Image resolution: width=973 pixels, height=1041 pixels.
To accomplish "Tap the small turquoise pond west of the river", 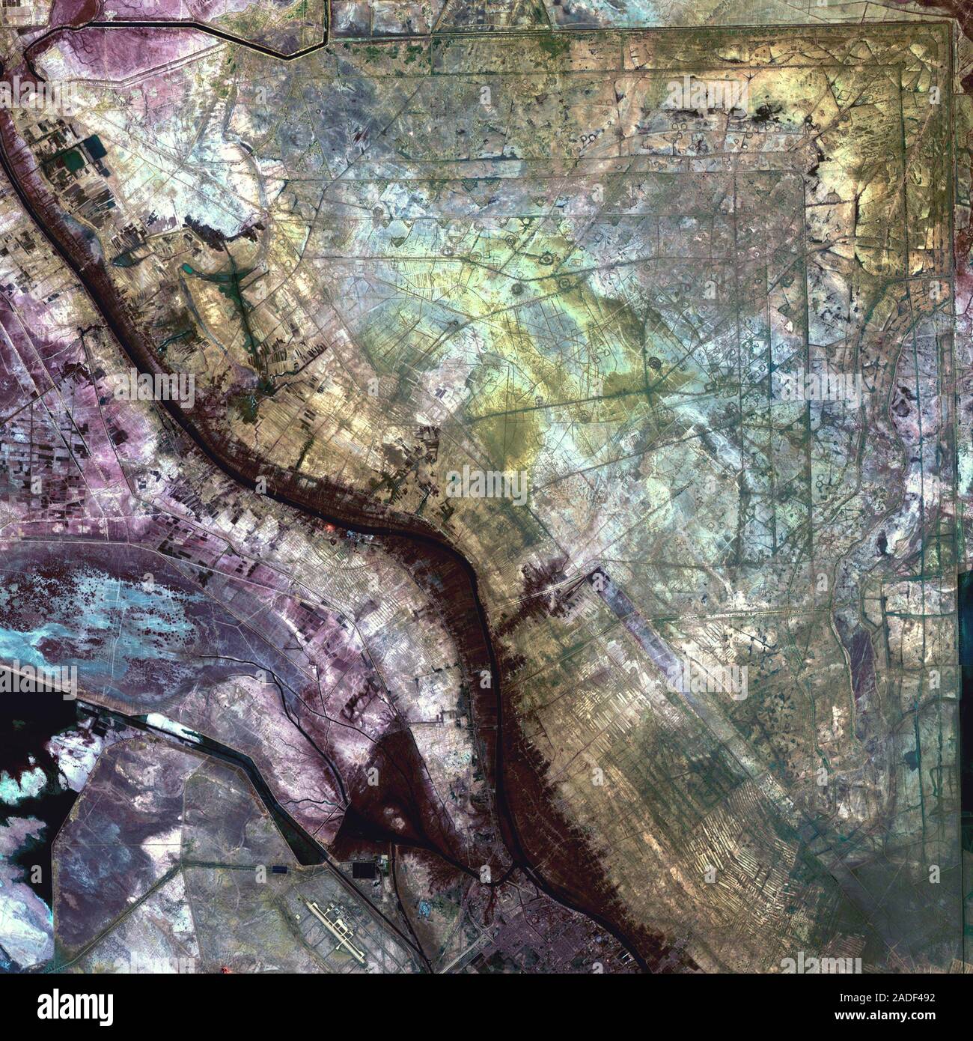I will tap(191, 267).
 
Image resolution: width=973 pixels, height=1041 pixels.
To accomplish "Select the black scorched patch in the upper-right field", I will tap(763, 114).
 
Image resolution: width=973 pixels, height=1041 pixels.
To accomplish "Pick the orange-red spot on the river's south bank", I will tap(329, 530).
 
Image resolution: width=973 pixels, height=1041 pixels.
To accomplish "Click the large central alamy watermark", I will tap(487, 483).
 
